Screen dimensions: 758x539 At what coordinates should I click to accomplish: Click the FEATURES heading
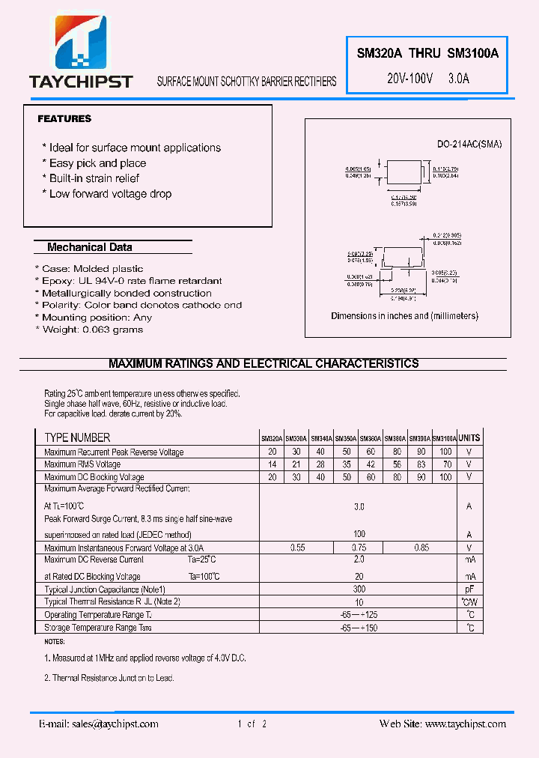click(64, 118)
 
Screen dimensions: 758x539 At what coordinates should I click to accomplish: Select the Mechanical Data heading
click(89, 247)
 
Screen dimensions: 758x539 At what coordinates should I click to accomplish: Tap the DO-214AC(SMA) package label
click(469, 144)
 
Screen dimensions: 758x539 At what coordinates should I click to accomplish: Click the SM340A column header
click(321, 438)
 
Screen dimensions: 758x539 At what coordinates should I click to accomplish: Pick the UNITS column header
click(469, 438)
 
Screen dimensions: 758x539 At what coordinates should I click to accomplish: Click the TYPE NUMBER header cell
click(77, 438)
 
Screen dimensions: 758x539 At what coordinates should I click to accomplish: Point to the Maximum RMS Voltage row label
click(82, 464)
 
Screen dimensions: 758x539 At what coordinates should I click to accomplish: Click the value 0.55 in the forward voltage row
click(297, 548)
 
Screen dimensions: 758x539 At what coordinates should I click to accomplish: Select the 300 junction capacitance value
click(359, 589)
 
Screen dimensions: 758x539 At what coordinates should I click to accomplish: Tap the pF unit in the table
click(469, 589)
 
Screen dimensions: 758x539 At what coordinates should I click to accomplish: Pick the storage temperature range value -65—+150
click(359, 628)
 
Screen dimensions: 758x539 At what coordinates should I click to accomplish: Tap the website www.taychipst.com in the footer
click(465, 724)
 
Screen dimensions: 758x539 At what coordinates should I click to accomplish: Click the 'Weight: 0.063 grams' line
click(92, 330)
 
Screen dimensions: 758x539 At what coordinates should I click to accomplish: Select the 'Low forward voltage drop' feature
click(110, 194)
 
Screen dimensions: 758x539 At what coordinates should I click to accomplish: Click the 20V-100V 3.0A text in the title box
click(427, 78)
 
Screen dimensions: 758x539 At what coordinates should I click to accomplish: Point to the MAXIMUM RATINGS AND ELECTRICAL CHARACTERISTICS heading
click(264, 364)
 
